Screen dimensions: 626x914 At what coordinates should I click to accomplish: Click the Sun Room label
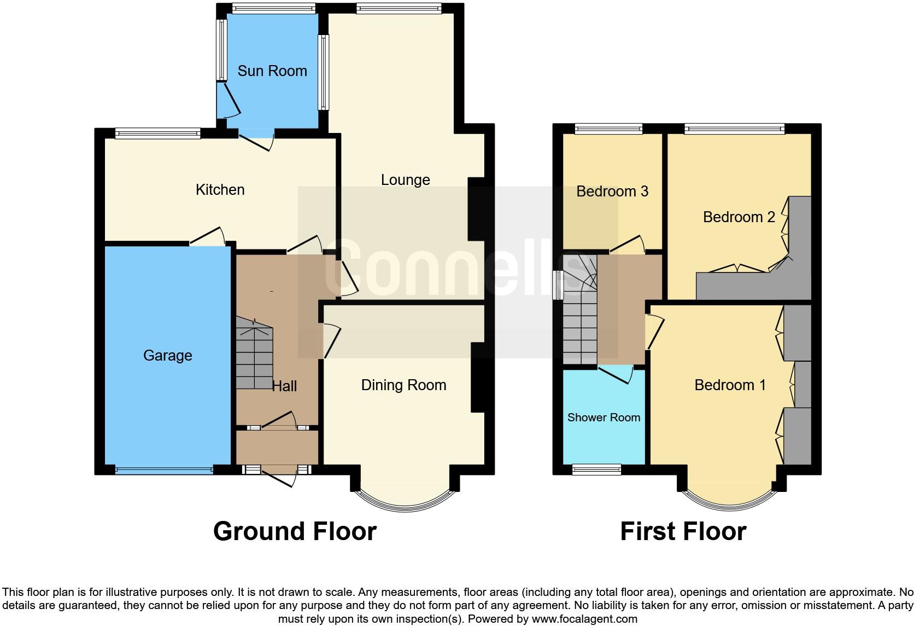(272, 71)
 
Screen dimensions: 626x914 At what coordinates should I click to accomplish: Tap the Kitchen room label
(220, 190)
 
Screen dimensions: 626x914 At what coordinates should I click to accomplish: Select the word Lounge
(405, 180)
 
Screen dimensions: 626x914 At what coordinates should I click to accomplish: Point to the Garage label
(167, 356)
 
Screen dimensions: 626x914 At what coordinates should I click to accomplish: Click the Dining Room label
(403, 385)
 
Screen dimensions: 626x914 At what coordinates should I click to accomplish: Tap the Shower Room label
(604, 418)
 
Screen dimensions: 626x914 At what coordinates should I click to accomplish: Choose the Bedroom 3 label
(612, 192)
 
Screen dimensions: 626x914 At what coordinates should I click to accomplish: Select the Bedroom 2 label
(739, 217)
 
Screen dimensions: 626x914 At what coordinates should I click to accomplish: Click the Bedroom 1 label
(730, 385)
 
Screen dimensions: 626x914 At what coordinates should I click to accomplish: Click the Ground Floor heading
(295, 531)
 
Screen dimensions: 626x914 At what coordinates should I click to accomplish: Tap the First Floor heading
(683, 531)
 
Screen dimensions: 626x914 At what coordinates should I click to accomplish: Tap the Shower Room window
(596, 469)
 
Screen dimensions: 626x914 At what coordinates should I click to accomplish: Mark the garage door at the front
(164, 469)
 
